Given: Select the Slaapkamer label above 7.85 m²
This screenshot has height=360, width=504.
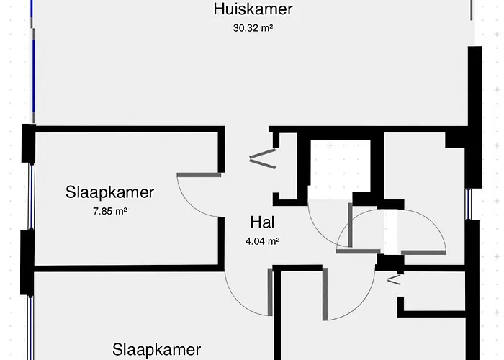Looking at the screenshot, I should coord(110,192).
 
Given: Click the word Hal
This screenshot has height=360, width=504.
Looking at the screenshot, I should coord(262,222).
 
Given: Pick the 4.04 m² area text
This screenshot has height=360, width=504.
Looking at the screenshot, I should coord(262,241).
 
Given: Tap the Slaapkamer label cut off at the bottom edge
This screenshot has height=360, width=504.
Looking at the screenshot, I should coord(156,351).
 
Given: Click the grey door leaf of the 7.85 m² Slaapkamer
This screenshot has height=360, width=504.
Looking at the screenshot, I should coord(199,174).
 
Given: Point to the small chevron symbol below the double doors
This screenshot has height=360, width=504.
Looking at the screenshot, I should coord(395,280).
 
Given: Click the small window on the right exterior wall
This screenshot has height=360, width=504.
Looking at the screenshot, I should coord(469,204).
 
